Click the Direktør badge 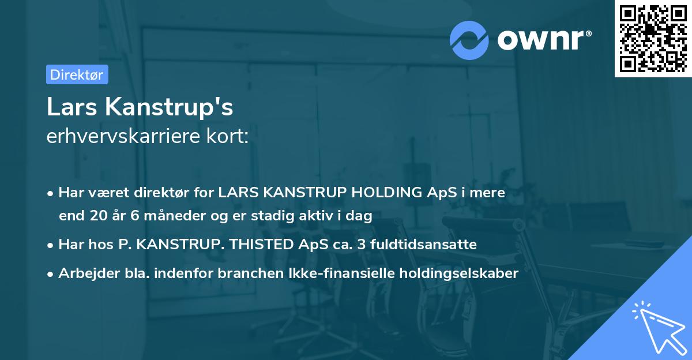point(77,74)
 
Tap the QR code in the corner point(653,38)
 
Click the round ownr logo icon point(469,40)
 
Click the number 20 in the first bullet point(97,216)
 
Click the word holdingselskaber point(458,273)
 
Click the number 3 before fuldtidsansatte point(362,245)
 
